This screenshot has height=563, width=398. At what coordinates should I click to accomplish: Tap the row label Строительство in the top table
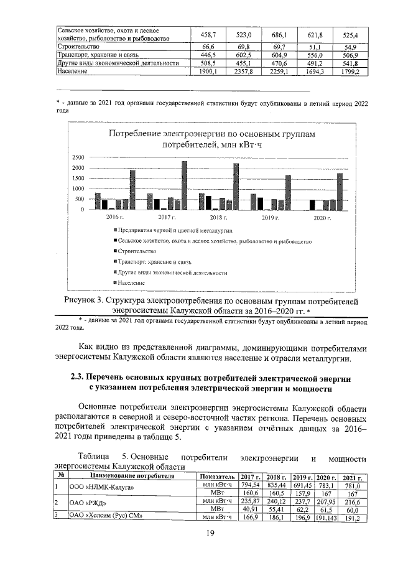[x=78, y=47]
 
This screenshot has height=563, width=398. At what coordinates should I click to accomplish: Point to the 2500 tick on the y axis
[x=77, y=156]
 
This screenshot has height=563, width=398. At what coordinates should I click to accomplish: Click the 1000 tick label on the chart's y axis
[x=77, y=188]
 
